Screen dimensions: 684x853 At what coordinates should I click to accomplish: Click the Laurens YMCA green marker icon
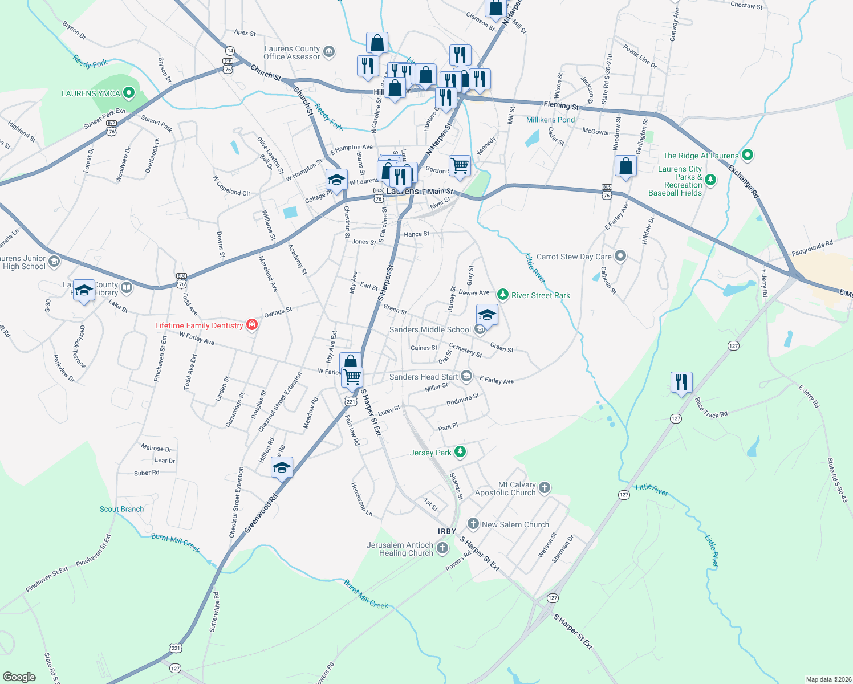click(128, 93)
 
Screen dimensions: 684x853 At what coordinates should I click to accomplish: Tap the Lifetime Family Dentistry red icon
click(252, 325)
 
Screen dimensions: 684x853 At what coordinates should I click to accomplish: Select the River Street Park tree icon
click(502, 295)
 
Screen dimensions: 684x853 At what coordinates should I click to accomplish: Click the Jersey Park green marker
click(460, 452)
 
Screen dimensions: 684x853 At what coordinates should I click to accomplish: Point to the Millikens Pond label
click(550, 120)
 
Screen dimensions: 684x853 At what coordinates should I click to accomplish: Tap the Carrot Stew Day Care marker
click(620, 256)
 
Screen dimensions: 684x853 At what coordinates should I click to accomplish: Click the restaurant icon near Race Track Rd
click(681, 382)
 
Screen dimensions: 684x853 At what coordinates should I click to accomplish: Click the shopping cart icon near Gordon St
click(460, 166)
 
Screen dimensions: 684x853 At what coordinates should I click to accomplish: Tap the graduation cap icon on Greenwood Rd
click(282, 467)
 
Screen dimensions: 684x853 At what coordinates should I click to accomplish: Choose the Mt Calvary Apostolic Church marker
click(545, 487)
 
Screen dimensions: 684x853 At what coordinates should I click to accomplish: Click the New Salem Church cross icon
click(473, 523)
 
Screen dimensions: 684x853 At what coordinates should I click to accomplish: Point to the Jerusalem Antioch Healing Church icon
click(442, 548)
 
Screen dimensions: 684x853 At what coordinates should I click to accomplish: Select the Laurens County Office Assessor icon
click(329, 52)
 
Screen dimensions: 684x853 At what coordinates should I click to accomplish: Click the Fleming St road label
click(561, 105)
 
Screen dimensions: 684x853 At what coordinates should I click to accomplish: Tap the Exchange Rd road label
click(744, 181)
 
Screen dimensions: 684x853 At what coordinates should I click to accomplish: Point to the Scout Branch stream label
click(121, 509)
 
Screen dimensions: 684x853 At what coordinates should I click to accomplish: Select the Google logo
click(19, 677)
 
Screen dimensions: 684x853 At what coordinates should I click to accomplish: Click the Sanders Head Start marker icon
click(466, 376)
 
